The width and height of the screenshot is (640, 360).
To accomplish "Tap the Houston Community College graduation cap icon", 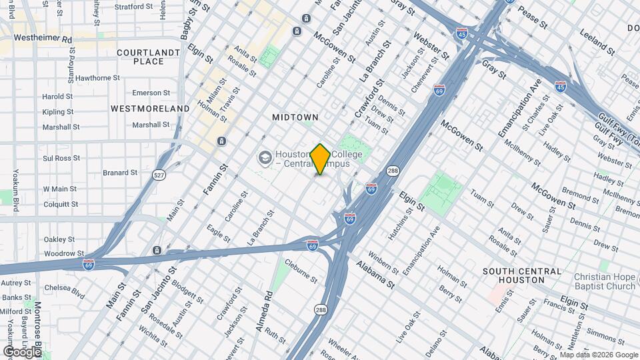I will pyautogui.click(x=265, y=158).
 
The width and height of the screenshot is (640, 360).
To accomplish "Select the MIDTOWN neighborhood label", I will pyautogui.click(x=295, y=117).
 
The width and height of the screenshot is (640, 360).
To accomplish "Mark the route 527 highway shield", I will pyautogui.click(x=159, y=175).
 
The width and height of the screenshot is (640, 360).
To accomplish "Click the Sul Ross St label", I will pyautogui.click(x=61, y=158).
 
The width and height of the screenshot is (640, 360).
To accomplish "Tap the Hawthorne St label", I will pyautogui.click(x=97, y=78).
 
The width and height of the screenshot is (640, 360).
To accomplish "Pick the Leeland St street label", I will pyautogui.click(x=597, y=41).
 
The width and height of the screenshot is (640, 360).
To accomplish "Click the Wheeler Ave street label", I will pyautogui.click(x=345, y=351).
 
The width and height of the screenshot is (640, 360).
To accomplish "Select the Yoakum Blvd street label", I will pyautogui.click(x=15, y=189).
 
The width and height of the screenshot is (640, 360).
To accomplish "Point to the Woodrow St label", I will pyautogui.click(x=64, y=253).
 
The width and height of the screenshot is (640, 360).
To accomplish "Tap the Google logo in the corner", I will pyautogui.click(x=23, y=351).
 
